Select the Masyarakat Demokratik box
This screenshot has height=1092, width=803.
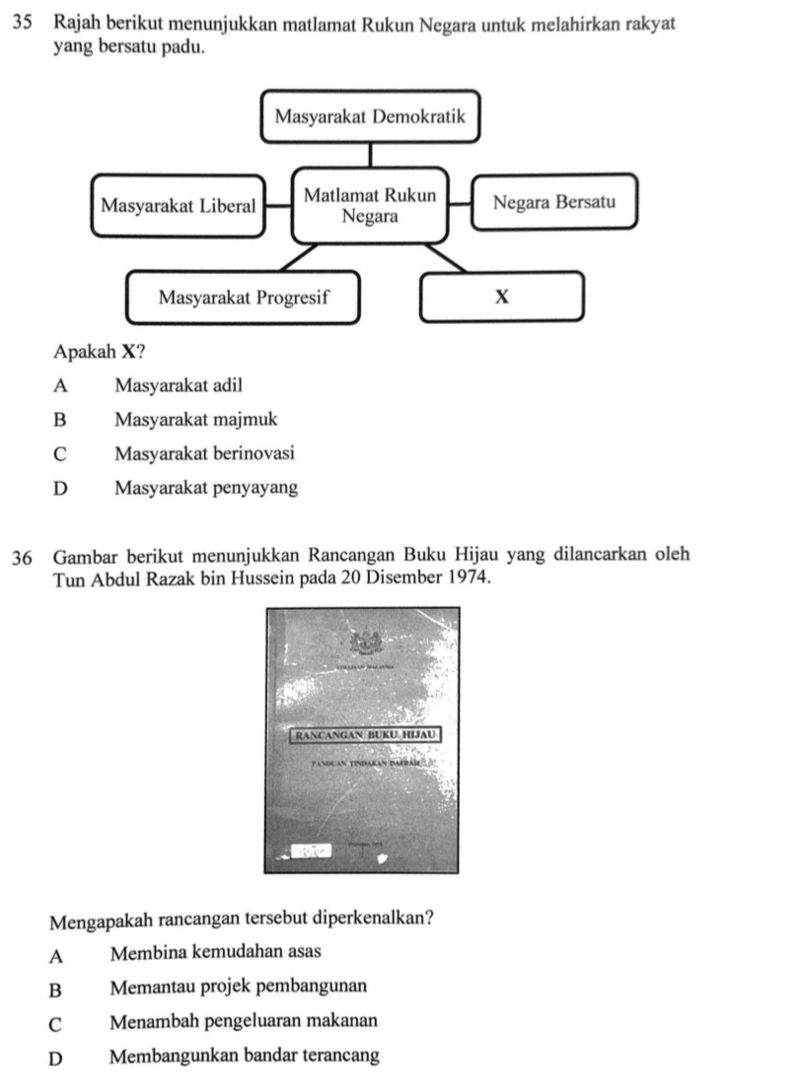point(370,116)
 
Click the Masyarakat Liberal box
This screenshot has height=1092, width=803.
point(178,206)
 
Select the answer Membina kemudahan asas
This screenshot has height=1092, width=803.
point(215,952)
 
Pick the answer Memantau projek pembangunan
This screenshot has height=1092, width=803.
point(238,987)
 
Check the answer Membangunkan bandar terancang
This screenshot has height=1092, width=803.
point(244,1057)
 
